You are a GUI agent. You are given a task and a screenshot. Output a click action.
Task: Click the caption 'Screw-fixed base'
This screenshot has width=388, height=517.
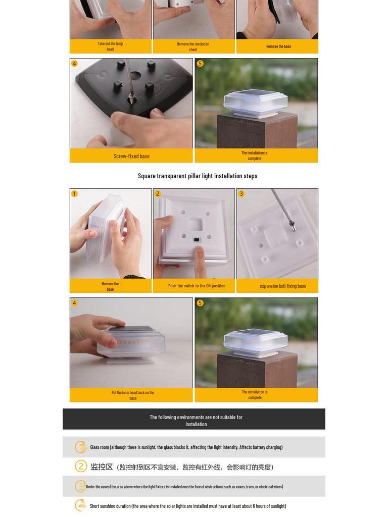click(x=131, y=157)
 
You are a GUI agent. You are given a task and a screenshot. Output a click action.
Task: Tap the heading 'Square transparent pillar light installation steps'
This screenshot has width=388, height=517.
click(x=198, y=176)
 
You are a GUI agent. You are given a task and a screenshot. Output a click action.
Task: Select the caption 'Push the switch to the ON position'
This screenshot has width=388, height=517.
click(x=197, y=286)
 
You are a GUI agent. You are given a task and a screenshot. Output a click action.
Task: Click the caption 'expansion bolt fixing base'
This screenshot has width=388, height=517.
click(x=283, y=286)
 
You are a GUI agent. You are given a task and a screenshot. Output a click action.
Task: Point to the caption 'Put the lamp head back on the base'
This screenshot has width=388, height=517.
click(x=133, y=395)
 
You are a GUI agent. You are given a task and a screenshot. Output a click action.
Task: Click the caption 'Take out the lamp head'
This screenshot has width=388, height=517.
click(x=110, y=46)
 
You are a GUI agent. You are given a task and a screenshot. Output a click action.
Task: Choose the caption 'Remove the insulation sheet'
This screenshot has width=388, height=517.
click(x=193, y=46)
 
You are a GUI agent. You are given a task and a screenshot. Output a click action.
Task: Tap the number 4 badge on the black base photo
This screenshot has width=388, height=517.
click(x=75, y=63)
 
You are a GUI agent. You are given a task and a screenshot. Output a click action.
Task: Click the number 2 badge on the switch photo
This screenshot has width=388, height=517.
click(x=158, y=193)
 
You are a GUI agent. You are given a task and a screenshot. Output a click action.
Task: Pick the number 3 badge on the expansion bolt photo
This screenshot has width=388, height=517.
click(x=241, y=193)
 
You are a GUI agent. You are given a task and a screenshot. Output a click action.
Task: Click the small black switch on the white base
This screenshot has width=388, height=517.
click(x=197, y=240)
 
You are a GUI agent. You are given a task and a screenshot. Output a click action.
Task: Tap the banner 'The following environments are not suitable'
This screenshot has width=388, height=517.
click(x=196, y=421)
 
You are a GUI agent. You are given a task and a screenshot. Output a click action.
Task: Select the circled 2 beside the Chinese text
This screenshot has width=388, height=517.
click(x=81, y=466)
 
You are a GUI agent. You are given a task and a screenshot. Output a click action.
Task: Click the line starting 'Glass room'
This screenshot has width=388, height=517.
click(x=186, y=447)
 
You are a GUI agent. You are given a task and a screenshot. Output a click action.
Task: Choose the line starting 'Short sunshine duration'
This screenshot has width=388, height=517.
click(x=188, y=506)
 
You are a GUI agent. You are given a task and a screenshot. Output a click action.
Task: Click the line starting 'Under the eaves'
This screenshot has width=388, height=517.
click(x=184, y=487)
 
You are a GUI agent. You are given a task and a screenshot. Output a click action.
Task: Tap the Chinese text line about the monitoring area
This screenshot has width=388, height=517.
click(x=182, y=467)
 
